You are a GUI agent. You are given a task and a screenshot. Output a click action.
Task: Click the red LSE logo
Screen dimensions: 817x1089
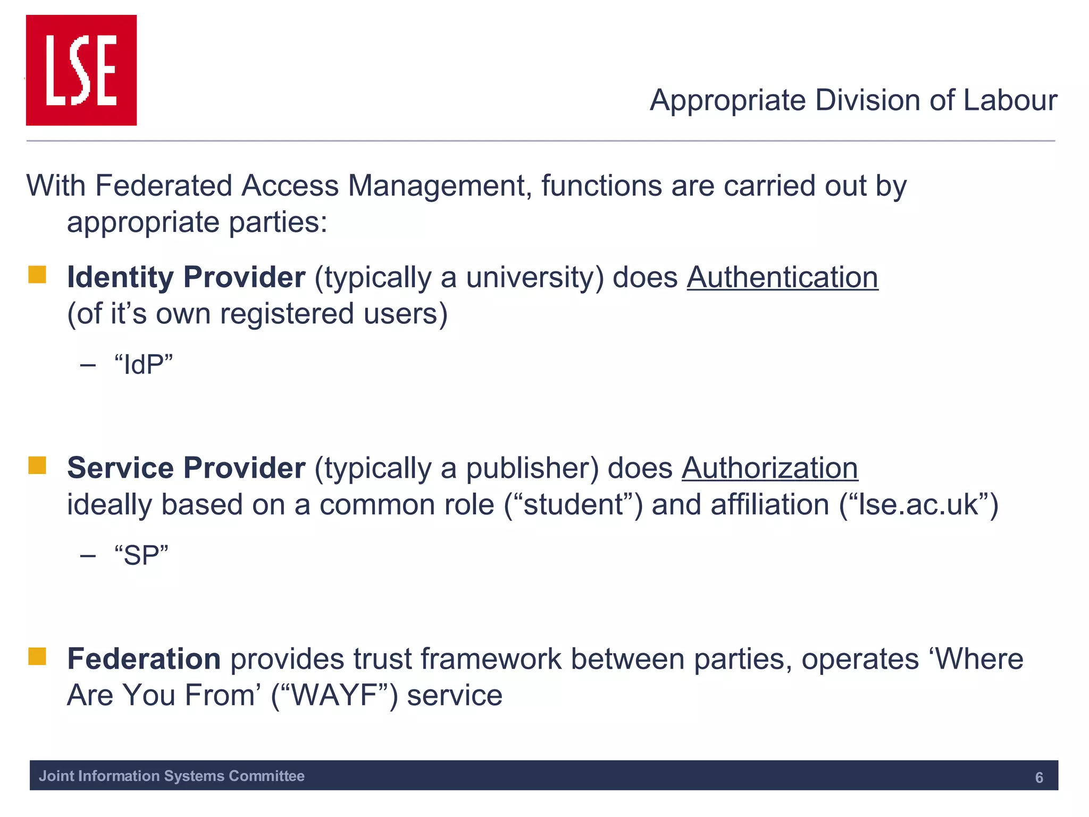pyautogui.click(x=81, y=70)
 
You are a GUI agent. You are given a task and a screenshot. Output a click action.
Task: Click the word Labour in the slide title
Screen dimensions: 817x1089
pyautogui.click(x=1010, y=100)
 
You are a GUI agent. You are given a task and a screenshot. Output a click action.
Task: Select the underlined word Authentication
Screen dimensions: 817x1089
pyautogui.click(x=782, y=278)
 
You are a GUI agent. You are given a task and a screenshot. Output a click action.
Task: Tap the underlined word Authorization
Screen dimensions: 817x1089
pyautogui.click(x=769, y=469)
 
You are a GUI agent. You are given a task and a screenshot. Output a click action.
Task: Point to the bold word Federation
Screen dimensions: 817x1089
pyautogui.click(x=144, y=659)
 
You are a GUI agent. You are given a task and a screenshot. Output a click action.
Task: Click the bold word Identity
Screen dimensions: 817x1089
pyautogui.click(x=120, y=278)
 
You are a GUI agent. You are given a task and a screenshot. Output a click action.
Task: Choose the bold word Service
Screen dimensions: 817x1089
pyautogui.click(x=120, y=469)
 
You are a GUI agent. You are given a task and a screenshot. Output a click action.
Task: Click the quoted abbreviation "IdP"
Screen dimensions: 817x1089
pyautogui.click(x=144, y=365)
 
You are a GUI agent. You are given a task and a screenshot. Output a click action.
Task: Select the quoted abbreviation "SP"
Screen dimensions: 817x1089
pyautogui.click(x=141, y=555)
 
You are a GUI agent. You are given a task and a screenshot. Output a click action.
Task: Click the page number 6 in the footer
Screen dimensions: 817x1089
pyautogui.click(x=1039, y=778)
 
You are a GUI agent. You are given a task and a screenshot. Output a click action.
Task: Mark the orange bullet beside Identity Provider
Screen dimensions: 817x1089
pyautogui.click(x=37, y=275)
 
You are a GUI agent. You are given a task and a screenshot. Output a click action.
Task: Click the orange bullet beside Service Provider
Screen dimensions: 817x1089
pyautogui.click(x=37, y=465)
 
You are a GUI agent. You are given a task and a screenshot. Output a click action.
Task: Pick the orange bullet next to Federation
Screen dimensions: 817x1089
pyautogui.click(x=37, y=656)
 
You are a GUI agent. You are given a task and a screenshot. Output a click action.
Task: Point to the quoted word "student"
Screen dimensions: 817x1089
pyautogui.click(x=573, y=505)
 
